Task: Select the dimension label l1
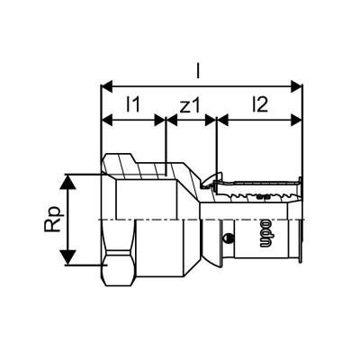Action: tap(132, 106)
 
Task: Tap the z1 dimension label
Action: tap(190, 106)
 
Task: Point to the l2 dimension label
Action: tap(259, 106)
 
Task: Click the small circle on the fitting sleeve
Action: tap(230, 238)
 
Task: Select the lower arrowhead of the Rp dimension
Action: tap(66, 260)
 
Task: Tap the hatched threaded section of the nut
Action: tap(135, 165)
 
